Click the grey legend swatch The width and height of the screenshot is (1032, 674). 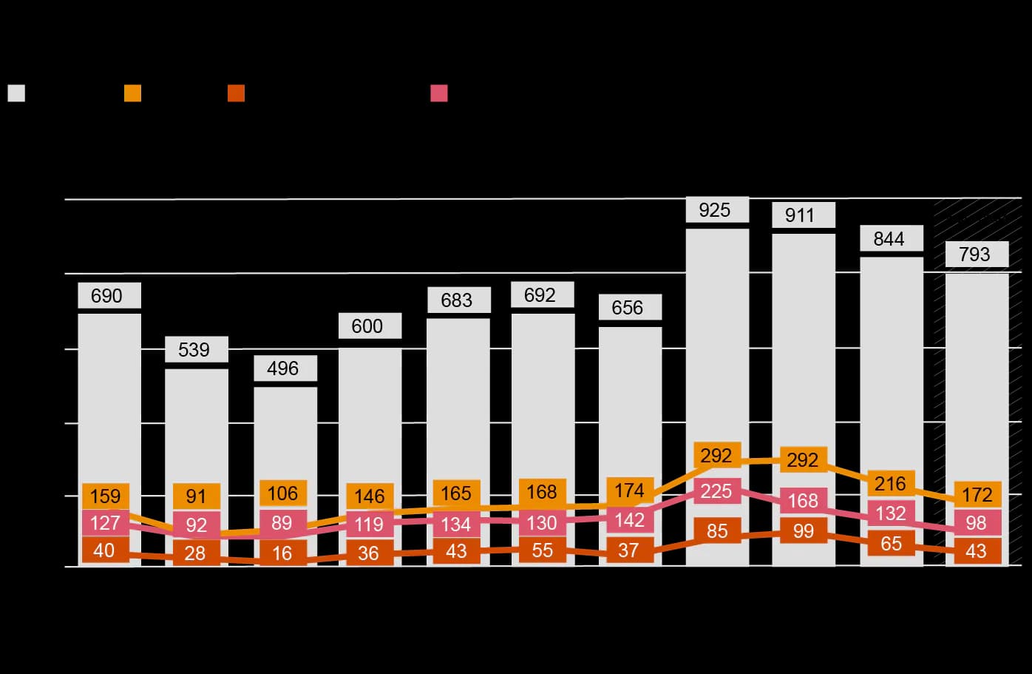16,93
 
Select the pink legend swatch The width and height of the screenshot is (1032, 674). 439,93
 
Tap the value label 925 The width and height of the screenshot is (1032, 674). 715,210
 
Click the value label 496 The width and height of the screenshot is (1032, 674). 282,368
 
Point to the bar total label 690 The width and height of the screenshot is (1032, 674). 106,296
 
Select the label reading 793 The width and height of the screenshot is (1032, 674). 974,255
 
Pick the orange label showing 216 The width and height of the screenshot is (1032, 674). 891,484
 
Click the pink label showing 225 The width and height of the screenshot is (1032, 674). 716,491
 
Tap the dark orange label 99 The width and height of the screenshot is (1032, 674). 803,531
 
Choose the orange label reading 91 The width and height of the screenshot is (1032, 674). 196,496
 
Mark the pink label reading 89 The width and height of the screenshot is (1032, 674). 282,523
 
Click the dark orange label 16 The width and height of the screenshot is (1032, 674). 282,553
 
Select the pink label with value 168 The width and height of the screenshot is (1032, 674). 803,501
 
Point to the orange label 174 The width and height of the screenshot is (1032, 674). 629,491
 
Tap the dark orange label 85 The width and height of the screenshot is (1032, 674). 716,531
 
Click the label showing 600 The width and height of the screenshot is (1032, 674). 367,326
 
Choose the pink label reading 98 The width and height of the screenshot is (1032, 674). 976,523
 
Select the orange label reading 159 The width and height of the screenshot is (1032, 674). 106,496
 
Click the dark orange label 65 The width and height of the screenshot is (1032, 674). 891,544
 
